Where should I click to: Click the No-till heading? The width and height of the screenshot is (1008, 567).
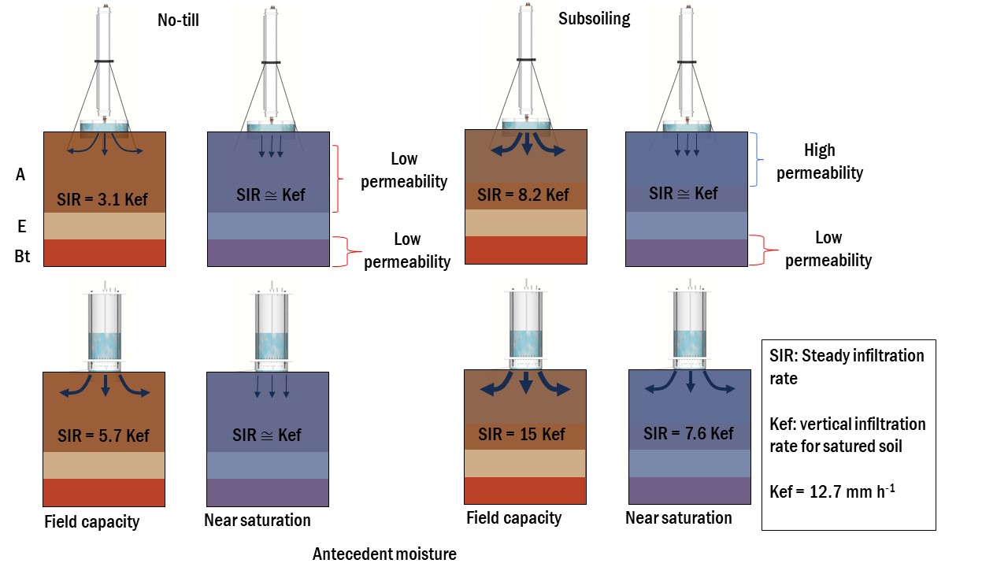click(x=178, y=20)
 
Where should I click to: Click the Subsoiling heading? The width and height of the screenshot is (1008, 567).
click(x=594, y=19)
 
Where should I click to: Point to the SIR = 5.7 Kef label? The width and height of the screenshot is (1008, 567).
click(x=103, y=435)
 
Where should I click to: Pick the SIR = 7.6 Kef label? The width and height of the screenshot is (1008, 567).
click(x=688, y=433)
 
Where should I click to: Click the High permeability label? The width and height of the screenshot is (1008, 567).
click(x=820, y=161)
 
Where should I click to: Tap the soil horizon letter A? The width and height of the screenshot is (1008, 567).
click(x=20, y=175)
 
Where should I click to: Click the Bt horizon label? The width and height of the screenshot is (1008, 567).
click(x=22, y=256)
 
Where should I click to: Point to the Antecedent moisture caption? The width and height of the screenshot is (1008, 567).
click(x=384, y=554)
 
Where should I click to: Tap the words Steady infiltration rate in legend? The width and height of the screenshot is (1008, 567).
click(x=847, y=367)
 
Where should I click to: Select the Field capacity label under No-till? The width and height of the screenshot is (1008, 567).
click(x=92, y=521)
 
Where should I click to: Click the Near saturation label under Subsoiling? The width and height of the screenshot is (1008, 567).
click(x=678, y=517)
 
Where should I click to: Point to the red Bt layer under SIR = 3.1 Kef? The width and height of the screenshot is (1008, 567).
click(x=104, y=253)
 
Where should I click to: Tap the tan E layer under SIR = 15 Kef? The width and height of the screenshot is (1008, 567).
click(x=525, y=464)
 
